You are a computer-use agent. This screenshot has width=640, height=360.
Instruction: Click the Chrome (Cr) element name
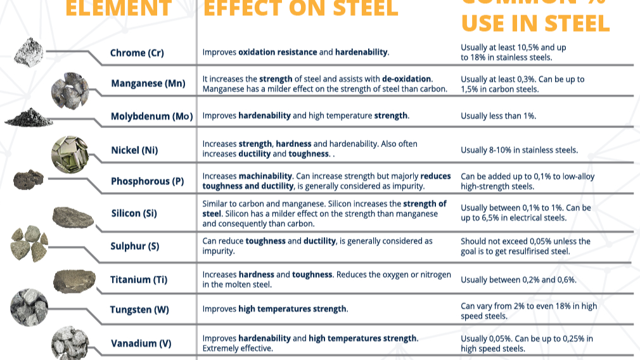137,53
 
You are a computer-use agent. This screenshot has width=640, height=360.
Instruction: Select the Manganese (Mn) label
148,83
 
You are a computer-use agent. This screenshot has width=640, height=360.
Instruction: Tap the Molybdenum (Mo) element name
151,116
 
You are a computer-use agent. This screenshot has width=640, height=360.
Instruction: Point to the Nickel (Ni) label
134,150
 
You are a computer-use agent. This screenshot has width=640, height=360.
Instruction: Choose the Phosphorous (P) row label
147,181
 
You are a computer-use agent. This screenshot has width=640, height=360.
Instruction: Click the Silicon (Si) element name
134,213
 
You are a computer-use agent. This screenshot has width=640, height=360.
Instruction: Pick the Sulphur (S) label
135,246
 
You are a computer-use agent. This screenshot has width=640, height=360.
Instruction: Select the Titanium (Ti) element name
139,279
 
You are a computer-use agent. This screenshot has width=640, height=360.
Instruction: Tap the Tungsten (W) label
139,309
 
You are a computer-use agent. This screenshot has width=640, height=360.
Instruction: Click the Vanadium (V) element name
141,344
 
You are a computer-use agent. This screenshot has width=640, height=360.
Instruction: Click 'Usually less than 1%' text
499,116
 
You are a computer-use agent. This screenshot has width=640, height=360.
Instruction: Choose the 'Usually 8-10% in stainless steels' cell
519,150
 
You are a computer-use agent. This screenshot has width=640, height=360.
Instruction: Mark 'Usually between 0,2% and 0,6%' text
518,280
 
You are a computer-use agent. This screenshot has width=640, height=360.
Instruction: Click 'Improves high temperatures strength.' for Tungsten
275,309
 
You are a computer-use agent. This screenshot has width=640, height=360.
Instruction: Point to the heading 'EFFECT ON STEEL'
301,9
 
